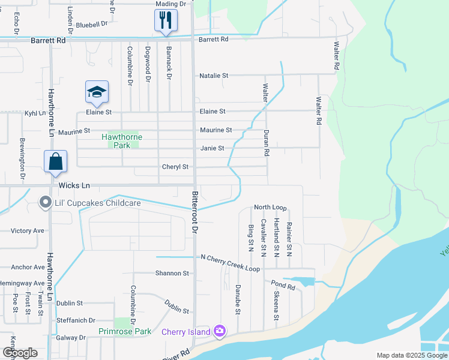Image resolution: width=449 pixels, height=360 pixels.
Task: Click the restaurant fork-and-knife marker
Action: point(166,20)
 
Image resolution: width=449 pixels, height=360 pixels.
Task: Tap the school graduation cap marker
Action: point(97,92)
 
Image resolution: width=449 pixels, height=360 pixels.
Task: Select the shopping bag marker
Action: point(55,161)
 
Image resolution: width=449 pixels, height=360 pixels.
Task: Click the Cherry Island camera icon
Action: point(220,331)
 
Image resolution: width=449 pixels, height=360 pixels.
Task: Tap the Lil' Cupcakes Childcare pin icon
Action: point(45,203)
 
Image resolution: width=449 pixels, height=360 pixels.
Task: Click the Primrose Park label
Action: point(125,331)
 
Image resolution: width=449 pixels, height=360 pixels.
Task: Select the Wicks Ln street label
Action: point(73,186)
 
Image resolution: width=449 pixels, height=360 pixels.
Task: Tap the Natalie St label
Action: point(214,76)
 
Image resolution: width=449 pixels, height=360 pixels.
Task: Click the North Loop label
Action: point(270,207)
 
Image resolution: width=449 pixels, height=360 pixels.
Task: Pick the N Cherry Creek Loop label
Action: point(231,257)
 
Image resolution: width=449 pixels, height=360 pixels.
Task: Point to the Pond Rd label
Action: point(283,287)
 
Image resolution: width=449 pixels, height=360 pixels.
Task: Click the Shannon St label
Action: point(172,273)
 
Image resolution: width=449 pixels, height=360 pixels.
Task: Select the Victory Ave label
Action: point(28,230)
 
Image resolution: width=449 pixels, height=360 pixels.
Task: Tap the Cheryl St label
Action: point(175,167)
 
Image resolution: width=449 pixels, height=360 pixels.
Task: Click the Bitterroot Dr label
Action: point(194,212)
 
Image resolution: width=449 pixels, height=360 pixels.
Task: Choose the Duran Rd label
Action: point(266,143)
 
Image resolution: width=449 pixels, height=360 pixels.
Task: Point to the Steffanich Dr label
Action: point(76,320)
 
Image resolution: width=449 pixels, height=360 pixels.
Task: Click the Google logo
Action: point(20,353)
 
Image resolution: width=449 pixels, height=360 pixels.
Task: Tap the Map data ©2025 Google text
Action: point(410,355)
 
